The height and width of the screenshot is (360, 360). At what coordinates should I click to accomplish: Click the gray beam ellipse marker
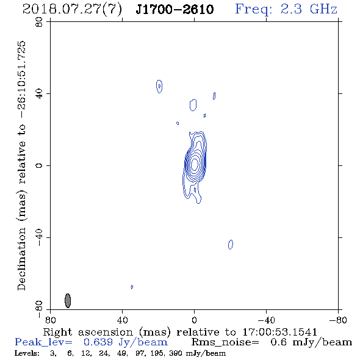[x=68, y=301]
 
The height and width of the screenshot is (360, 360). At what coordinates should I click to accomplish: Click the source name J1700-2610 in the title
[x=175, y=10]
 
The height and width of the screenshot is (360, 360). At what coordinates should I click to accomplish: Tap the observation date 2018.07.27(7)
[x=72, y=10]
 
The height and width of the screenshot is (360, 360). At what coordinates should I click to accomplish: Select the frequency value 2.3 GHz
[x=309, y=9]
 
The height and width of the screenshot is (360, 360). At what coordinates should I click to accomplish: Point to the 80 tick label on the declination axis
[x=39, y=22]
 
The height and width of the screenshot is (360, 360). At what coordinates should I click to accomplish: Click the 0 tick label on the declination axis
[x=39, y=165]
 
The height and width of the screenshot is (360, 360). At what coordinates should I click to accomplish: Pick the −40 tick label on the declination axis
[x=39, y=237]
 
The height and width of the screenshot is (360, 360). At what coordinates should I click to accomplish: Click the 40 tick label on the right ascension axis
[x=122, y=320]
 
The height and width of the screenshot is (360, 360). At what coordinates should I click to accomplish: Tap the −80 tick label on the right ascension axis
[x=338, y=320]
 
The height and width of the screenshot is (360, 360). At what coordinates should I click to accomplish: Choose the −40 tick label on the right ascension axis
[x=266, y=320]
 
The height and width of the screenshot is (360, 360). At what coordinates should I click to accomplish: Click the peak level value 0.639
[x=98, y=342]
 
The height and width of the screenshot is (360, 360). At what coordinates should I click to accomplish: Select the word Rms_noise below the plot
[x=225, y=342]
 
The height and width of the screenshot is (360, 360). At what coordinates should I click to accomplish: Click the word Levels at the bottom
[x=27, y=353]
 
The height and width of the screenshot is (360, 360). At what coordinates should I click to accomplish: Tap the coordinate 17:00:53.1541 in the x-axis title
[x=279, y=332]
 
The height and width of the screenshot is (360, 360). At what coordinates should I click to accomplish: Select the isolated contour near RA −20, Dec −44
[x=231, y=245]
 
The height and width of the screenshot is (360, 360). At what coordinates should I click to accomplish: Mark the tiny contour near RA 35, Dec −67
[x=132, y=287]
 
